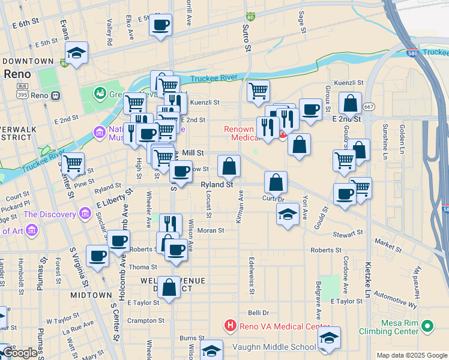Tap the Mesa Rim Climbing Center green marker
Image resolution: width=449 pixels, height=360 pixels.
[427, 327]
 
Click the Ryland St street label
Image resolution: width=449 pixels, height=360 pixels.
[217, 185]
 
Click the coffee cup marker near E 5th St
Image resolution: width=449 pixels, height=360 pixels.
[161, 25]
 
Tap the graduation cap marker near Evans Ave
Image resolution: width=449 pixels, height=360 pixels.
[77, 53]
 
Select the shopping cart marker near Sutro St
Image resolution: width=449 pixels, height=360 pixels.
[258, 91]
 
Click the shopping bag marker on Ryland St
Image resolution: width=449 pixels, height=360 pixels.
[229, 166]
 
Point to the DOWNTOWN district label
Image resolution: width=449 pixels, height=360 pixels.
[28, 61]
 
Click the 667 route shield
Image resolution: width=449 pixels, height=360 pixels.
[369, 106]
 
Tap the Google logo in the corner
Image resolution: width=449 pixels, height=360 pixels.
[20, 353]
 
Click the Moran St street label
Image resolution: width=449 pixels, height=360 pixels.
[211, 230]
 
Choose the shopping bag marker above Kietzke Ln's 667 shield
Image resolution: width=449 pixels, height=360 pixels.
[350, 103]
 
